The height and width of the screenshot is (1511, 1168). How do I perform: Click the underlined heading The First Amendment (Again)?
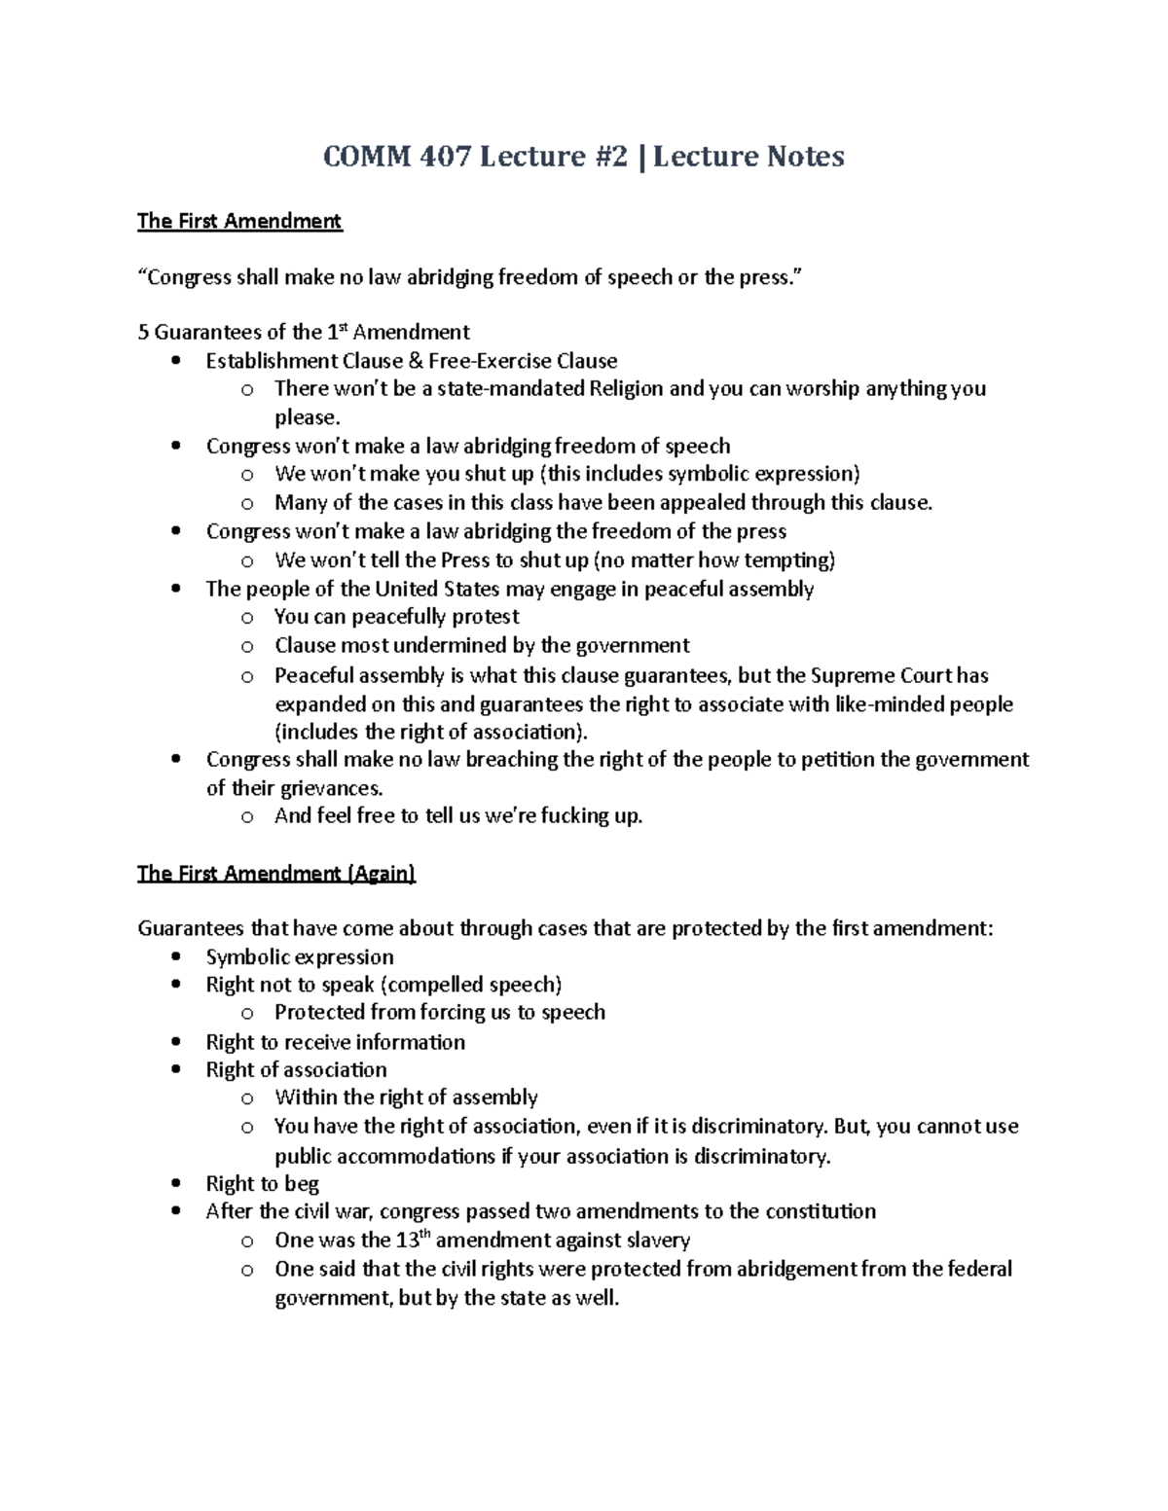[276, 874]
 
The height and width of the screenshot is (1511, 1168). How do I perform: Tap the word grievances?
[321, 787]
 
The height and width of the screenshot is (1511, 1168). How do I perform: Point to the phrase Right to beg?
[263, 1184]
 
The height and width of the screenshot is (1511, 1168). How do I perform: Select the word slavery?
[653, 1241]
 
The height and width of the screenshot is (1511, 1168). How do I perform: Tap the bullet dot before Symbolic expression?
[175, 957]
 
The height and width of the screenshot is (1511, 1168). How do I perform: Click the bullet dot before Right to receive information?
[175, 1043]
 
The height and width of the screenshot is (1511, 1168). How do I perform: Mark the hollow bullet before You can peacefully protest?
[247, 618]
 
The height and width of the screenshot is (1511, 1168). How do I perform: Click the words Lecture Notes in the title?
[748, 157]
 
